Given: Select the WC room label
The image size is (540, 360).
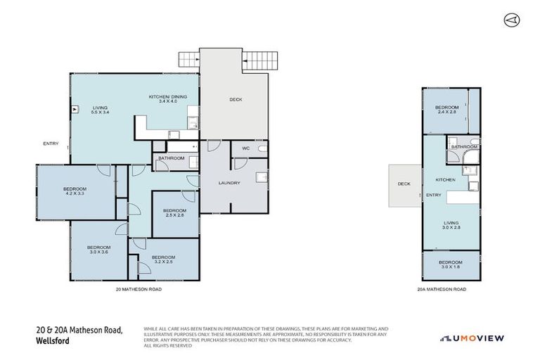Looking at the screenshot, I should pyautogui.click(x=246, y=149).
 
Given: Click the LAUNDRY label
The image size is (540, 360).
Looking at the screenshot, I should pyautogui.click(x=229, y=183).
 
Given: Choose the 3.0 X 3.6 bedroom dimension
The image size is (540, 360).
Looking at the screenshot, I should pyautogui.click(x=98, y=252).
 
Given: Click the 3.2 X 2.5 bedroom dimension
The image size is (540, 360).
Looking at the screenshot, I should pyautogui.click(x=163, y=262).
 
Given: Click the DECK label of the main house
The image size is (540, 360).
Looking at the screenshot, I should pyautogui.click(x=236, y=99).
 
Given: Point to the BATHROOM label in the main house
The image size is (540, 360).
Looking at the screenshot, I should pyautogui.click(x=171, y=158).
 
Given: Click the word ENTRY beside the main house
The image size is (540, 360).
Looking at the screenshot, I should pyautogui.click(x=51, y=143).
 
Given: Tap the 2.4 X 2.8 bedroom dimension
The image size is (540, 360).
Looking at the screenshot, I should pyautogui.click(x=447, y=111).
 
